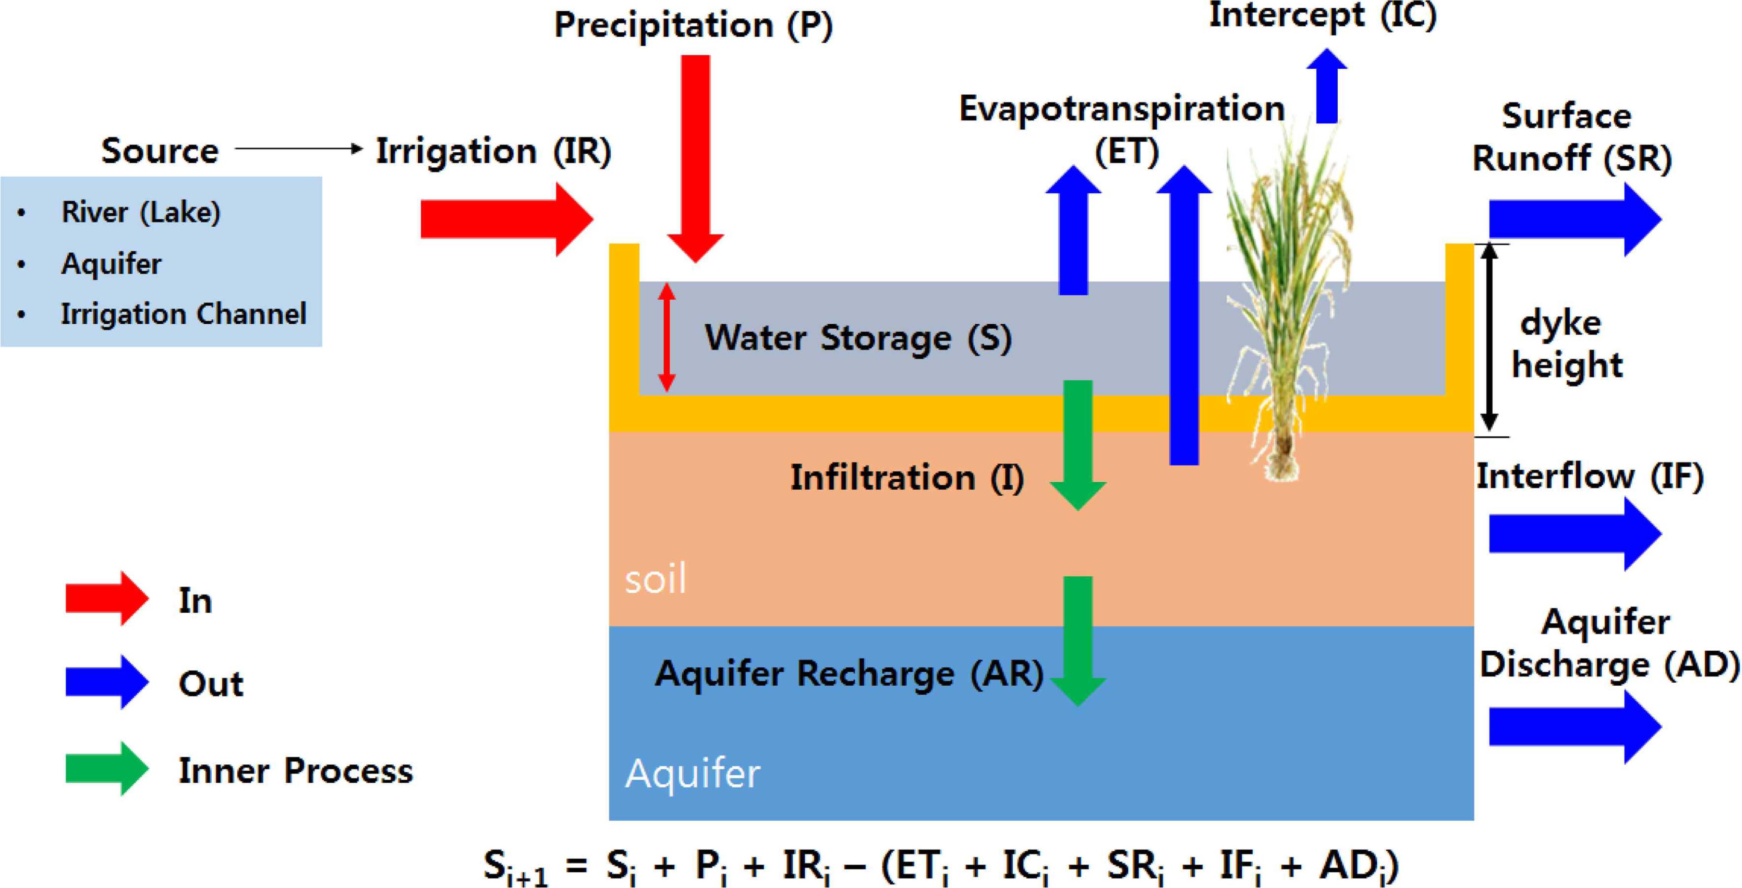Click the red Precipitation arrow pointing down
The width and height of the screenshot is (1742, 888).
click(695, 156)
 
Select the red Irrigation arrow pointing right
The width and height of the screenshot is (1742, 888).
click(504, 219)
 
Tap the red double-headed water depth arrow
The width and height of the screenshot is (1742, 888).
click(667, 337)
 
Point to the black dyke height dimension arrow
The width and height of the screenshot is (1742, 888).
click(1489, 337)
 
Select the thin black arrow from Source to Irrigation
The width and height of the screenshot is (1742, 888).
click(298, 148)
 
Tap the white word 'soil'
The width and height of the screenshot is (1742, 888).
click(655, 579)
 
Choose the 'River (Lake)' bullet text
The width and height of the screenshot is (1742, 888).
click(141, 212)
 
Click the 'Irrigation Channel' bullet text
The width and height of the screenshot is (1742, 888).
click(183, 314)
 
